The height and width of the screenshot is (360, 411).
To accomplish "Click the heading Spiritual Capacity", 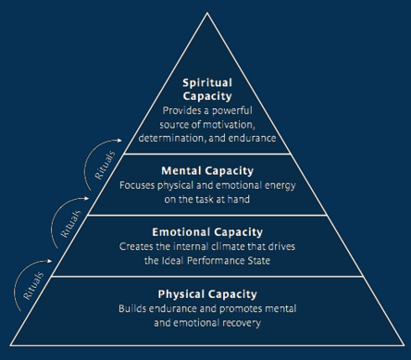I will [206, 89].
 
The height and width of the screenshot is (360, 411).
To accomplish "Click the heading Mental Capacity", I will [206, 170].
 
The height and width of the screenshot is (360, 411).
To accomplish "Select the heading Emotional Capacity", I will [206, 231].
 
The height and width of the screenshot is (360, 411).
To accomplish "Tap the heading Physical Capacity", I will [206, 292].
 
